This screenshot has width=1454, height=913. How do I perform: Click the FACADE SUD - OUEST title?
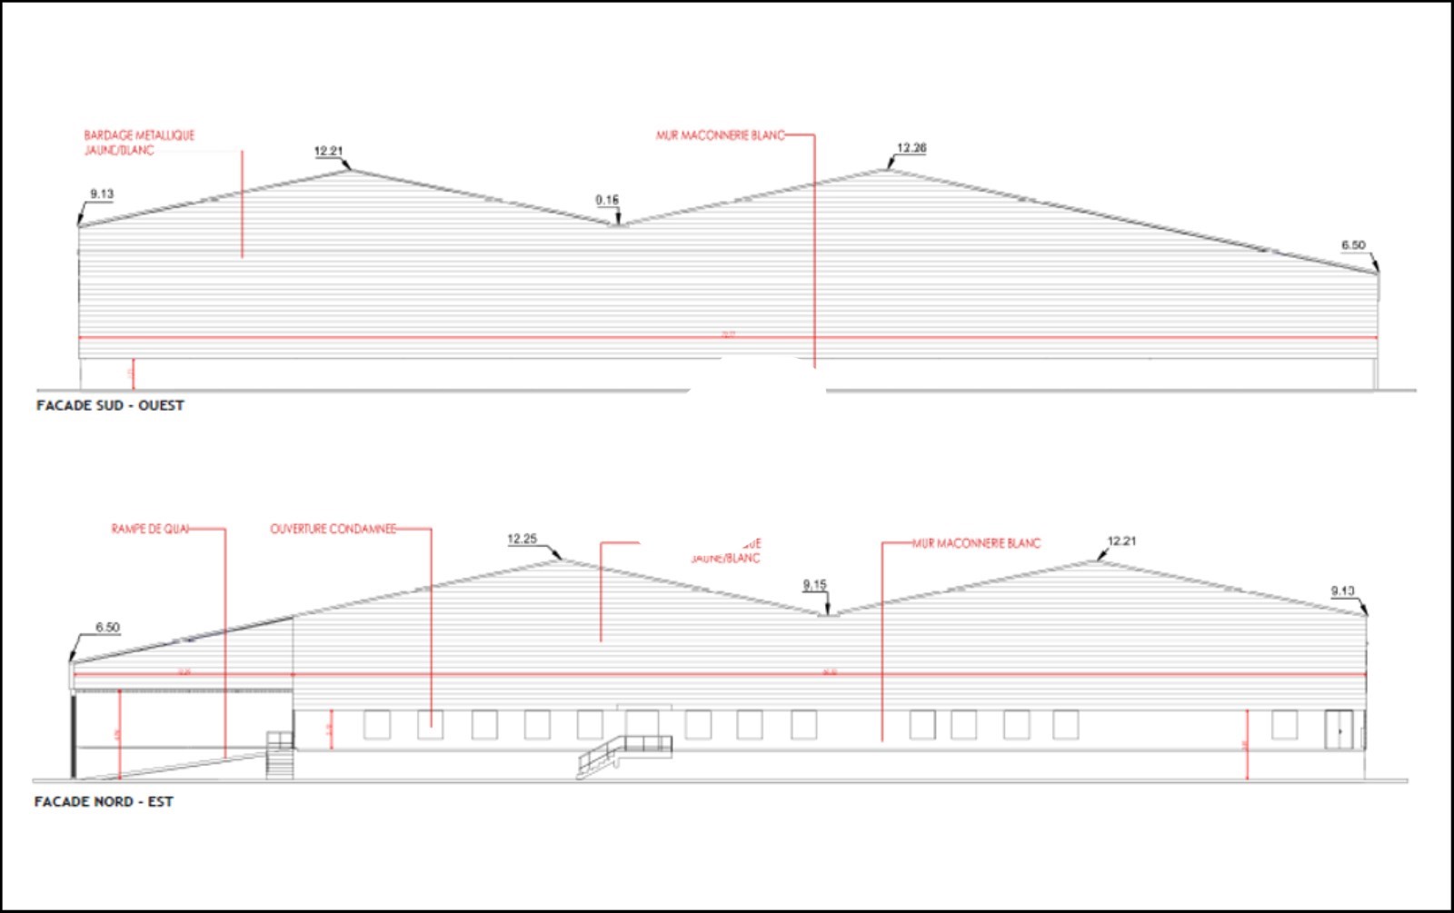pos(110,405)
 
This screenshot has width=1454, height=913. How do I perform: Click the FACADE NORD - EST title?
pos(104,801)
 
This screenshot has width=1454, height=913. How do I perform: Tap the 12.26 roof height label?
pos(911,148)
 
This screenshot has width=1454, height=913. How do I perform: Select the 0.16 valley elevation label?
pos(607,200)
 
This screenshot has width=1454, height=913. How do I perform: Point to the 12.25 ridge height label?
pos(522,539)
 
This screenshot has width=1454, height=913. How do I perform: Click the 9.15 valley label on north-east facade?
pos(814,585)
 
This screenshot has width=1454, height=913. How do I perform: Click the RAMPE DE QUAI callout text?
pos(150,529)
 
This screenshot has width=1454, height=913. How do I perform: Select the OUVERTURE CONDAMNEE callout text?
pos(333,529)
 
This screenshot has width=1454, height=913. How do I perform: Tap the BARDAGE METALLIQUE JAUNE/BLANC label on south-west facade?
pos(138,143)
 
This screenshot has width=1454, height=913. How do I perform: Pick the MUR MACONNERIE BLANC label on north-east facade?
pos(976,543)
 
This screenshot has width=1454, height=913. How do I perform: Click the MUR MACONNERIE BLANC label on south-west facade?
pos(720,135)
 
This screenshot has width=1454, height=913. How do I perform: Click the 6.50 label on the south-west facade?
pos(1352,245)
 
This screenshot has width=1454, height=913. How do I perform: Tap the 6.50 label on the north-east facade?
pos(107,628)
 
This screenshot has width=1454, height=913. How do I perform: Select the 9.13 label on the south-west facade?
pos(102,194)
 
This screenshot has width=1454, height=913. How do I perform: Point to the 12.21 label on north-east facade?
pos(1121,541)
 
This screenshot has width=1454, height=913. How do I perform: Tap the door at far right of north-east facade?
pos(1338,729)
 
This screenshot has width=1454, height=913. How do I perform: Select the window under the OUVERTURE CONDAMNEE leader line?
pos(430,725)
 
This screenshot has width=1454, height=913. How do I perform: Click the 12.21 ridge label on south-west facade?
pos(328,152)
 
